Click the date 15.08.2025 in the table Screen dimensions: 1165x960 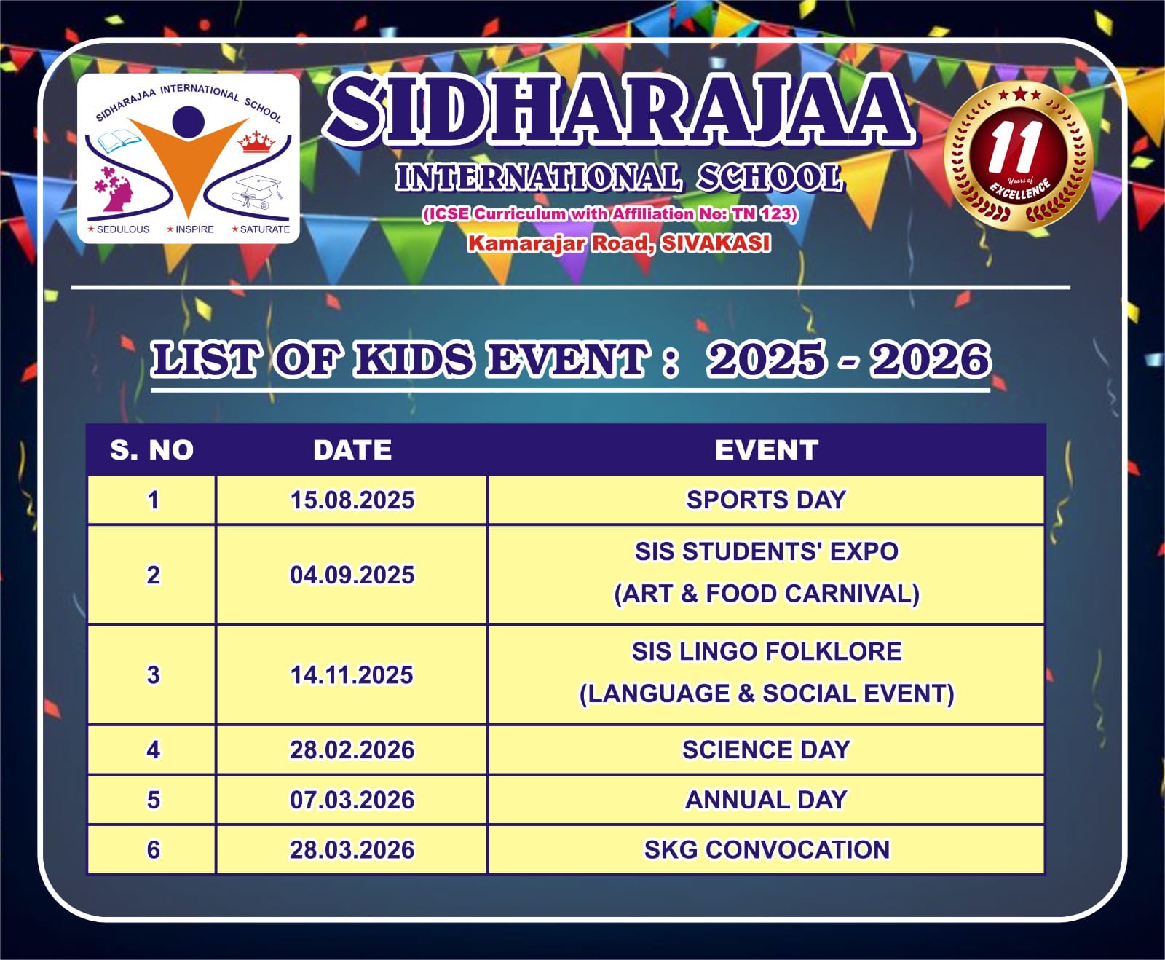(352, 500)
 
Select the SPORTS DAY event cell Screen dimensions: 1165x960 (766, 500)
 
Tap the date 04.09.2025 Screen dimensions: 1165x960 (352, 575)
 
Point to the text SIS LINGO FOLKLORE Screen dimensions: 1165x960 (766, 651)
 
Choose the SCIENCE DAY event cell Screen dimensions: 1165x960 (766, 749)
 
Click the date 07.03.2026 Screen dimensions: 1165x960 (352, 800)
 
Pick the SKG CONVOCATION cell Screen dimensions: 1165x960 (766, 849)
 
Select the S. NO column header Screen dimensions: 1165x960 (151, 450)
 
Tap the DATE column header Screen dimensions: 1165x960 (352, 450)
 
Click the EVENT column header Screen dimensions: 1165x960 (767, 450)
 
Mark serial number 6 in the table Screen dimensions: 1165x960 (153, 850)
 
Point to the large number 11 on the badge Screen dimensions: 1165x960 (1015, 148)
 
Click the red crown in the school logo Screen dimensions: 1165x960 (256, 141)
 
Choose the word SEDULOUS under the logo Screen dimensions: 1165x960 (122, 229)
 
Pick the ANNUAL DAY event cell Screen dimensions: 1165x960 (766, 800)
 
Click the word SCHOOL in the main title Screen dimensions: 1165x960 (769, 178)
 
